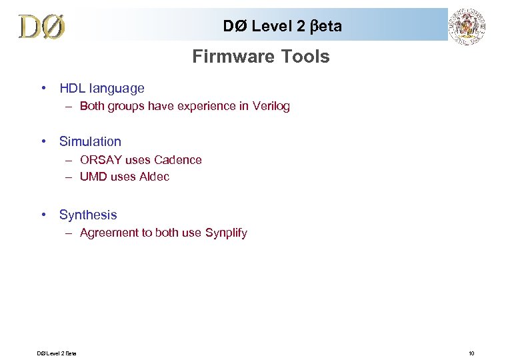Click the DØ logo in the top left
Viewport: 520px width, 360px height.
point(42,26)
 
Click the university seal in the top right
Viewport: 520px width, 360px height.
point(467,27)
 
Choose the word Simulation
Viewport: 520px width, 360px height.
point(90,141)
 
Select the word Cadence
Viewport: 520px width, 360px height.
point(178,160)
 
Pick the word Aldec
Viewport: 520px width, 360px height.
point(155,177)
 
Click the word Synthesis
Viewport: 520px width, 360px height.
point(88,215)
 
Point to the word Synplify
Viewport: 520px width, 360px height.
point(226,233)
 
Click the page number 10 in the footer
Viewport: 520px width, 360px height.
point(471,353)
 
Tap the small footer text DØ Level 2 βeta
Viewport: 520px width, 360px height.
point(57,353)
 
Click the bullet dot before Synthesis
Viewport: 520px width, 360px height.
point(43,215)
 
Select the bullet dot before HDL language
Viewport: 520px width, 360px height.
point(43,88)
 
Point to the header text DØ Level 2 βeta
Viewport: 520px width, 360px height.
point(283,26)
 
